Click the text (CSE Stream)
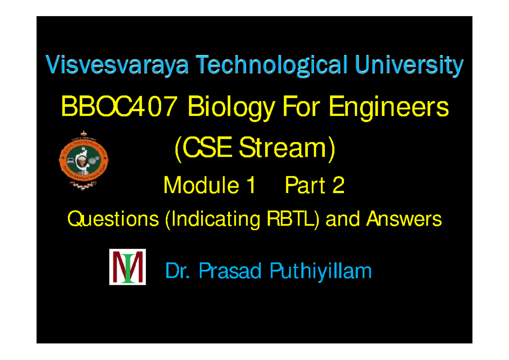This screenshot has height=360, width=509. [x=255, y=149]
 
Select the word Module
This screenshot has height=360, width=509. [x=196, y=186]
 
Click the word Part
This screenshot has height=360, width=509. [x=302, y=186]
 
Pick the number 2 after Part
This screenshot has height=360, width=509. [x=338, y=186]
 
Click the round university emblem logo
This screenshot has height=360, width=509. [x=83, y=159]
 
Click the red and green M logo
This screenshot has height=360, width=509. [x=128, y=267]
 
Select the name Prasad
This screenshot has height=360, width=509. [x=230, y=271]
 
